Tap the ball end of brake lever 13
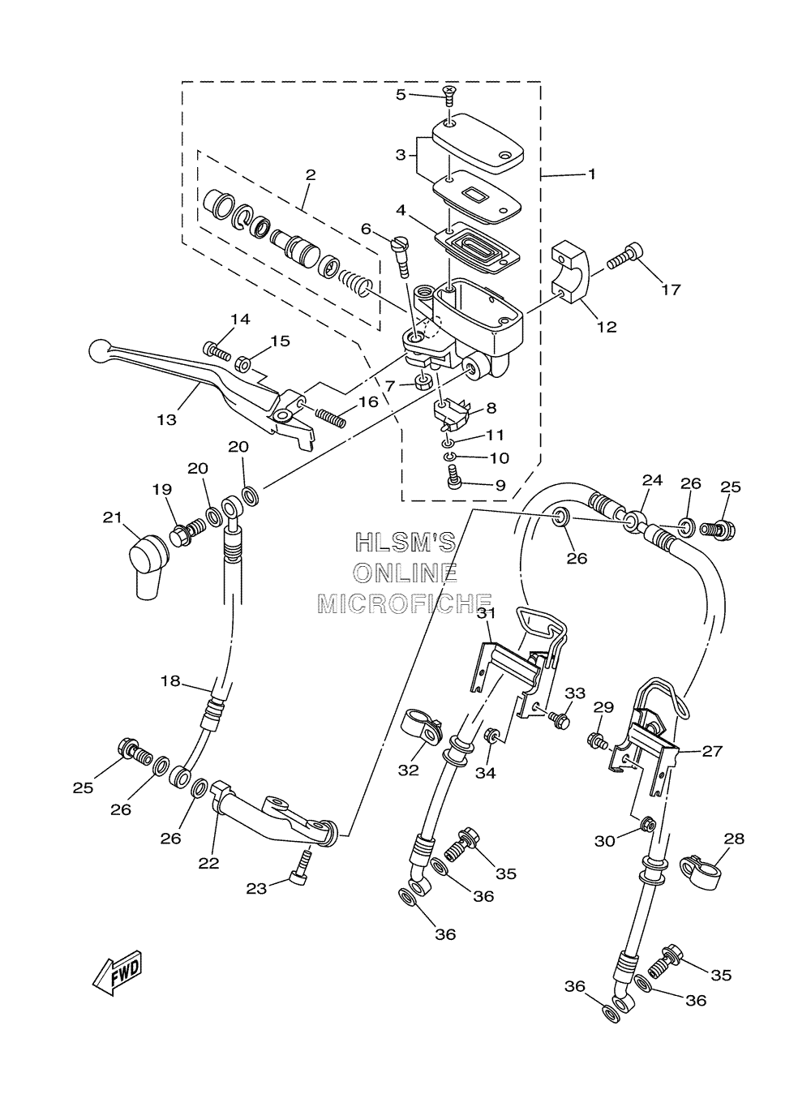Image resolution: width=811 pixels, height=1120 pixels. [98, 350]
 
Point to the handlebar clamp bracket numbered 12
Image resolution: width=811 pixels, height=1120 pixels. [572, 272]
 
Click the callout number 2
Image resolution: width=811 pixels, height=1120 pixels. [310, 175]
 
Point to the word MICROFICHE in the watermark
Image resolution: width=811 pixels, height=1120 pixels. [405, 603]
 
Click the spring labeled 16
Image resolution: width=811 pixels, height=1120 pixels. [330, 417]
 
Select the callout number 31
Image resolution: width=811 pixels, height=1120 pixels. [487, 613]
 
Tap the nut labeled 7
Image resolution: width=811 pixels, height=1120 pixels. [424, 384]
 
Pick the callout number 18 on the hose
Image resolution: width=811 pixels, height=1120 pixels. [170, 680]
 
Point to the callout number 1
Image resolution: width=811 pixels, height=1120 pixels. [592, 174]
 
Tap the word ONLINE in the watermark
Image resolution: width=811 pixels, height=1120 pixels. [405, 573]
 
